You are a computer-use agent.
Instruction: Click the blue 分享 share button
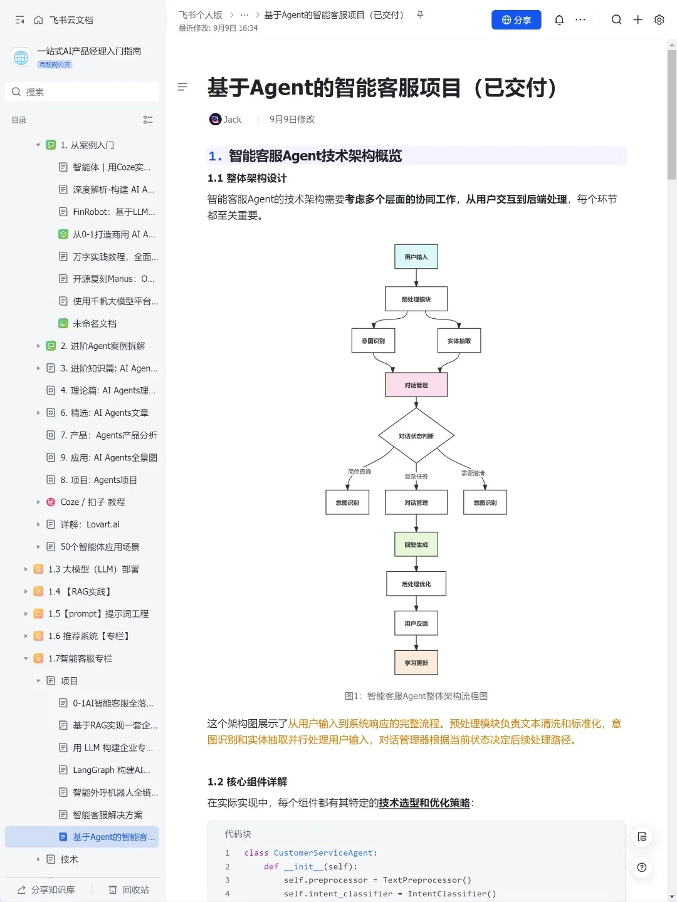tap(516, 20)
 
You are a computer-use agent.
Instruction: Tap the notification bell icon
tap(559, 20)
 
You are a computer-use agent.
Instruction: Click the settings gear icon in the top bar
tap(659, 20)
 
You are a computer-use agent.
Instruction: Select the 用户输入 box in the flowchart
tap(416, 257)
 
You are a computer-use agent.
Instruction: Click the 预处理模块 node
tap(416, 299)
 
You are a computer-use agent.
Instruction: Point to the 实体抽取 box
tap(459, 341)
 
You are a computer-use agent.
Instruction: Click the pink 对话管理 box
tap(416, 385)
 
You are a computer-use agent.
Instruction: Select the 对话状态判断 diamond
tap(416, 436)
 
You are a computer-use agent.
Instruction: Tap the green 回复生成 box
tap(416, 544)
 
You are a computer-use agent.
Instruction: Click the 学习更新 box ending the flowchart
tap(416, 663)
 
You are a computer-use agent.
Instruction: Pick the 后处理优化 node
tap(416, 584)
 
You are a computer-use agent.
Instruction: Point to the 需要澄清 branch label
tap(473, 473)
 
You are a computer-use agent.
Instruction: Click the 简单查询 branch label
tap(360, 472)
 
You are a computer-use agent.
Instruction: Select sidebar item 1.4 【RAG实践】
tap(80, 591)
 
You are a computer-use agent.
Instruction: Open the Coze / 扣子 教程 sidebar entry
tap(93, 502)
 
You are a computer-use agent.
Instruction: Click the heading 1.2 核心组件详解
tap(248, 782)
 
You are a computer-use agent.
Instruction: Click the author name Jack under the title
tap(232, 120)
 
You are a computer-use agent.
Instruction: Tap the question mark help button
tap(641, 868)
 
